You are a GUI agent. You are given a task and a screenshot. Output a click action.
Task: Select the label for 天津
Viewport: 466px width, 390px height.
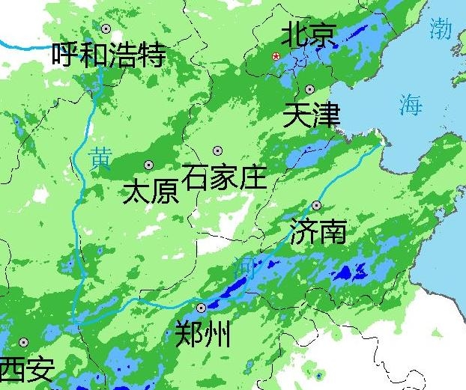(x=312, y=116)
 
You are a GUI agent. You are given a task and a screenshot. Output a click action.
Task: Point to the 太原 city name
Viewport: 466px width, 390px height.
(x=151, y=192)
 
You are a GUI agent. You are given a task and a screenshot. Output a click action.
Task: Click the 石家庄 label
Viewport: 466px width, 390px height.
(x=224, y=177)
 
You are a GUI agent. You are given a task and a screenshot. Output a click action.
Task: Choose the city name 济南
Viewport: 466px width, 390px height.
(x=318, y=232)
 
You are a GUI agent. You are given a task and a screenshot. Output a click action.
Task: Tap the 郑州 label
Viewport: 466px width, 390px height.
(x=202, y=334)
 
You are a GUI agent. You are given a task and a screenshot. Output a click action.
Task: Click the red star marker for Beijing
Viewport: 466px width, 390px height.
(x=276, y=57)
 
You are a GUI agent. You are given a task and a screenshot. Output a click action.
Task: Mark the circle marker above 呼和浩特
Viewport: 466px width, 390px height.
(x=106, y=28)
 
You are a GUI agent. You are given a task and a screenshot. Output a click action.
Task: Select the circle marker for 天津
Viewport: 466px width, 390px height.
(x=309, y=89)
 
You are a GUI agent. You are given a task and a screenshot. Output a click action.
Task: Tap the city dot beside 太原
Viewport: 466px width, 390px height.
(x=148, y=165)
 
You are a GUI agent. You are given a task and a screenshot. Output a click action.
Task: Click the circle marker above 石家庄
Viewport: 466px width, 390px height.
(x=218, y=150)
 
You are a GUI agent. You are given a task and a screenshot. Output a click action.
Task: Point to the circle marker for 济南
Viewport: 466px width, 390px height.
(x=317, y=205)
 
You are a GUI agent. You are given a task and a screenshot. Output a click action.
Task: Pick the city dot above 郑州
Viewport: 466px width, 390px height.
(x=201, y=308)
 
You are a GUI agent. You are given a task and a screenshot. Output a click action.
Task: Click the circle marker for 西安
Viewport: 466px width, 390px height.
(x=23, y=342)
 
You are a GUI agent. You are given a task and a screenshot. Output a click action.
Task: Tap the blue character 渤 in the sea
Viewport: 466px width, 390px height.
(x=441, y=29)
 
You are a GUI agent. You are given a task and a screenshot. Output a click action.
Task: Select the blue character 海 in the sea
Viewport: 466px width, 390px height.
(x=411, y=104)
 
